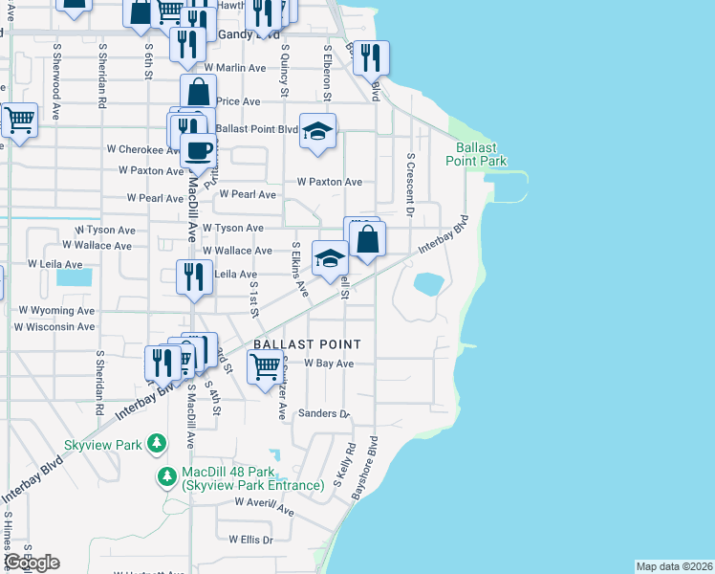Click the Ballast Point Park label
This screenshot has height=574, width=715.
[475, 154]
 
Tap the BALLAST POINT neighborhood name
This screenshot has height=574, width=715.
[307, 344]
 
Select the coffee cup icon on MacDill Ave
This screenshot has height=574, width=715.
[198, 150]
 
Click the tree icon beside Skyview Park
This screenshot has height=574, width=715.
[155, 444]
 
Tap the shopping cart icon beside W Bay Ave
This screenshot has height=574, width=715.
[265, 365]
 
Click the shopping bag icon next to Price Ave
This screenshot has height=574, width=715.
[198, 94]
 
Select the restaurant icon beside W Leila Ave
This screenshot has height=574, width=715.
[194, 276]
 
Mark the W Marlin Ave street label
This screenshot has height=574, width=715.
[236, 68]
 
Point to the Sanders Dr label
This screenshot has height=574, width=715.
[324, 413]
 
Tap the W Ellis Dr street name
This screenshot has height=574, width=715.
[250, 540]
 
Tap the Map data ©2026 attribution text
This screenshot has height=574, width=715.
[674, 566]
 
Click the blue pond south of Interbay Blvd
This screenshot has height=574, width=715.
[428, 283]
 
